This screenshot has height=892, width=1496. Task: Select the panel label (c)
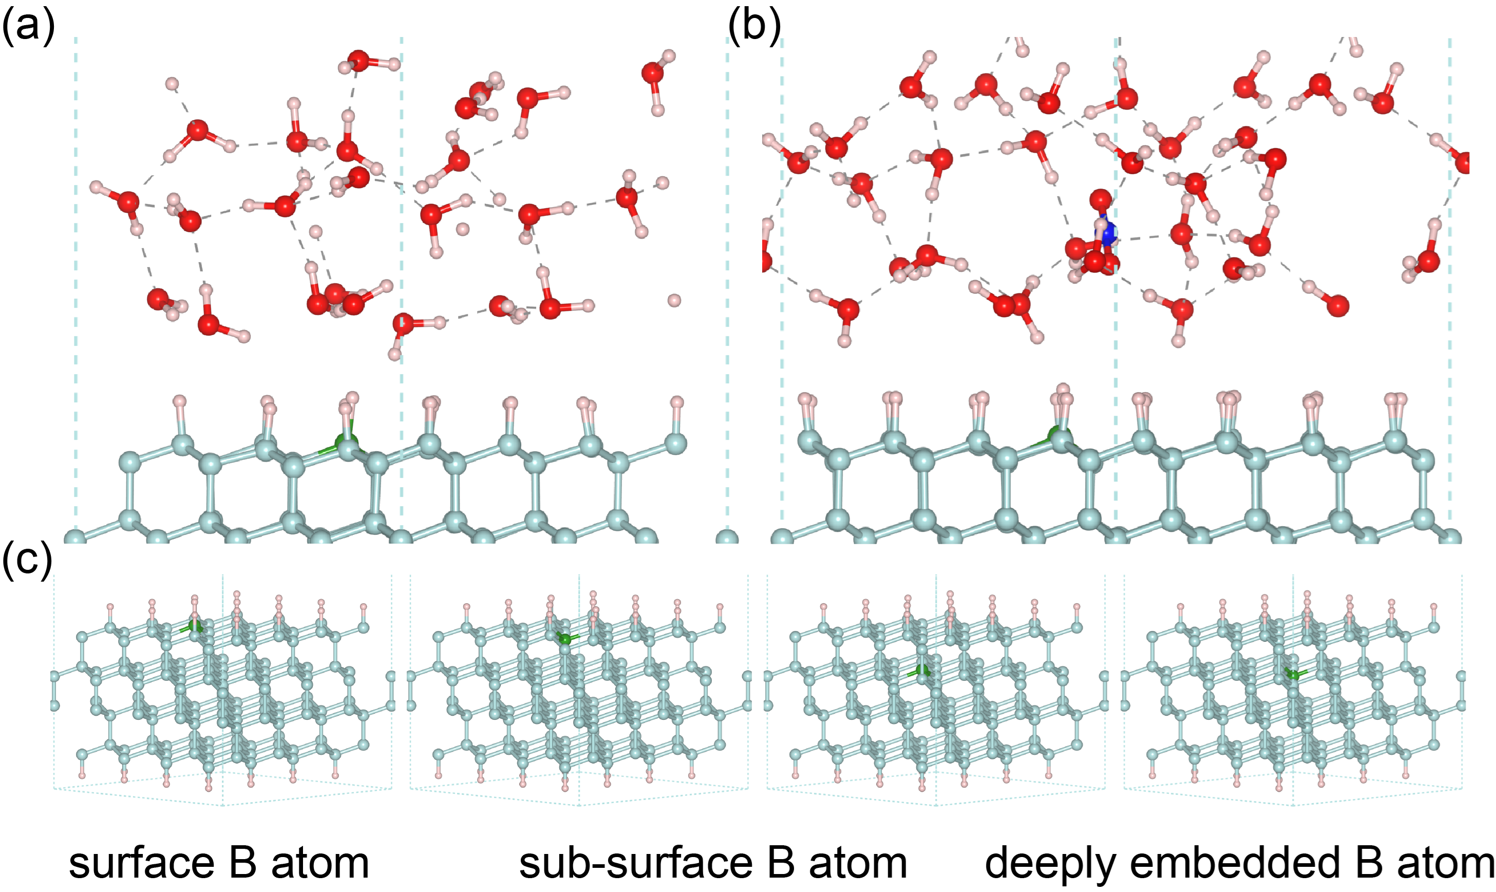coord(27,560)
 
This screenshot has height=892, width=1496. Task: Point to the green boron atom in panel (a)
coord(346,443)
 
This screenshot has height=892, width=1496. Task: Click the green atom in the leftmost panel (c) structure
coord(195,626)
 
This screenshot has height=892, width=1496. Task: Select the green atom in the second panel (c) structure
coord(565,638)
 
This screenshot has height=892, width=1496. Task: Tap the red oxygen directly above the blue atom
coord(1100,199)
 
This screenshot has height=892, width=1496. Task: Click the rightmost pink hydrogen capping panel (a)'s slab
coord(677,402)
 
